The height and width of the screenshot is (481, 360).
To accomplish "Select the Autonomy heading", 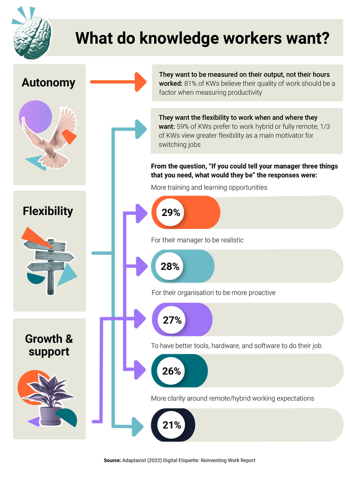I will coord(49,82).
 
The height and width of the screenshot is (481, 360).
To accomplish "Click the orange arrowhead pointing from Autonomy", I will coord(141,82).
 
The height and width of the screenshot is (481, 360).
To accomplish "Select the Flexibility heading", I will coord(48,211).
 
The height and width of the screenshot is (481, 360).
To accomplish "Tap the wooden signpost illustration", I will coord(49,264).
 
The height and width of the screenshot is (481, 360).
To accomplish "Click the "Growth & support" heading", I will coord(49,345).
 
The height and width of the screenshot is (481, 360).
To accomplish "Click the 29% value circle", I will coord(170,213).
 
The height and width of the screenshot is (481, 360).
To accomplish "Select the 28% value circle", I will coord(170,266).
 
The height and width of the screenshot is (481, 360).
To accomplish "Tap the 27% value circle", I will coord(172,320).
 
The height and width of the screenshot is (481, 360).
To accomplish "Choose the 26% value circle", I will coord(171,371).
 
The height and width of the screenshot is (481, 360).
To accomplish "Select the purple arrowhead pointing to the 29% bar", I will coord(142,213).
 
